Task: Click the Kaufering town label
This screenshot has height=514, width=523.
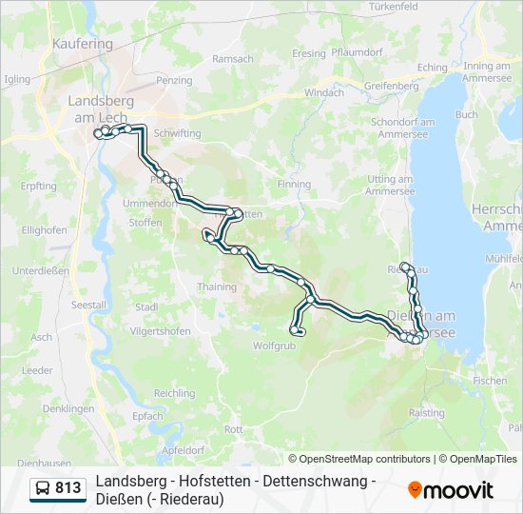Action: [84, 43]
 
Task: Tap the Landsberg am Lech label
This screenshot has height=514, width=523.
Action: [101, 108]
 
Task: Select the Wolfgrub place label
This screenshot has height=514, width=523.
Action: [274, 346]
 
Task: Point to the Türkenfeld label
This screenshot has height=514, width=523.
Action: [394, 6]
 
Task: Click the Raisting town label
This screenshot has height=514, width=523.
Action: [426, 413]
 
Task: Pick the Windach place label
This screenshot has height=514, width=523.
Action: [323, 92]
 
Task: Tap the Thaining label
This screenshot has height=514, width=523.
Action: [216, 287]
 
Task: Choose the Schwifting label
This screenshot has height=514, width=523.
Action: [177, 134]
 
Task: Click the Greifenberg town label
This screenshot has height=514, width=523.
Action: [391, 86]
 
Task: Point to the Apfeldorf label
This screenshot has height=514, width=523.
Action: [184, 449]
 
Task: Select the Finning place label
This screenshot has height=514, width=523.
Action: [294, 184]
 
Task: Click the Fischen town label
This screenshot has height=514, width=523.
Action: [489, 380]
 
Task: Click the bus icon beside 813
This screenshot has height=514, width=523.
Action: [43, 489]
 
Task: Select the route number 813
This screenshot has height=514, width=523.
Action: [68, 488]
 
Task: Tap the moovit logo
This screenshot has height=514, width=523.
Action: [451, 490]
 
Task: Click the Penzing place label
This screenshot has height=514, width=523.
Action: [174, 81]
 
